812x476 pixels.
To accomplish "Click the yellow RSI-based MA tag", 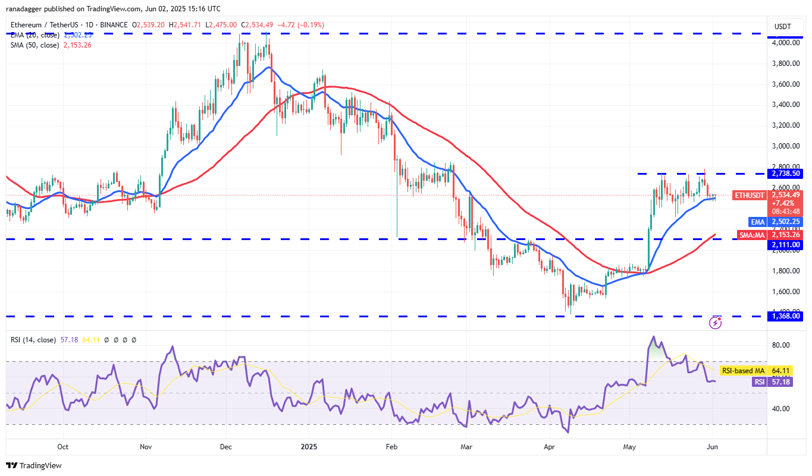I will (742, 370).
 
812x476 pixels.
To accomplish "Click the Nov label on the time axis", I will (145, 446).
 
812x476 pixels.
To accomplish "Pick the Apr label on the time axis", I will (550, 446).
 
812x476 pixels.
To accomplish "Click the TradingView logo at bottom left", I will (34, 465).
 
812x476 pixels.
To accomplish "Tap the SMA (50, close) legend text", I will (35, 45).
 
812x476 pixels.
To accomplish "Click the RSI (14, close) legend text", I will (33, 340).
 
